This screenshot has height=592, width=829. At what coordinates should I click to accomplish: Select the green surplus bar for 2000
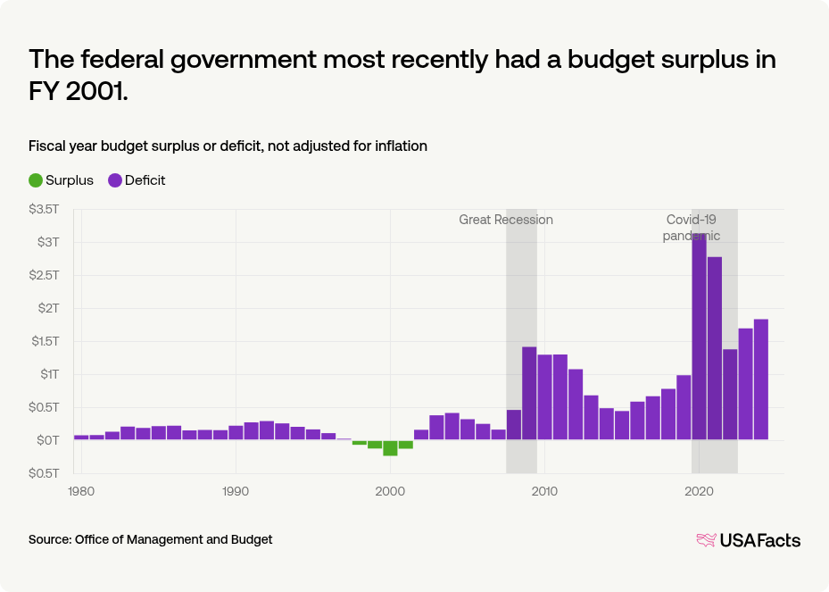tap(390, 447)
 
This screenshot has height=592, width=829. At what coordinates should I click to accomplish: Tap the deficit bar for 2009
tap(529, 393)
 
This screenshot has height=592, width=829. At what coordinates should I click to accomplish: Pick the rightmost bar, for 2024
tap(760, 379)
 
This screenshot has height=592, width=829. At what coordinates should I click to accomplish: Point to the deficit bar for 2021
tap(714, 348)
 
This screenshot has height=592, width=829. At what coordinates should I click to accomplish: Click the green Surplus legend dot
tap(36, 180)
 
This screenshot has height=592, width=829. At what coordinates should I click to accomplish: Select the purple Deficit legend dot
tap(115, 180)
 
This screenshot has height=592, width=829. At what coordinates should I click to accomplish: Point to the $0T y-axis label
tap(47, 439)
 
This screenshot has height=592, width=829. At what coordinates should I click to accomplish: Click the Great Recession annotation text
tap(506, 220)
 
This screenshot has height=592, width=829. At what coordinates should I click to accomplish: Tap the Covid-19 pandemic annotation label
tap(691, 228)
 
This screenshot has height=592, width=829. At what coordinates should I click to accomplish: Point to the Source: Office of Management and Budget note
tap(150, 539)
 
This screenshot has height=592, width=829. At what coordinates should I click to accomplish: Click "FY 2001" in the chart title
tap(79, 92)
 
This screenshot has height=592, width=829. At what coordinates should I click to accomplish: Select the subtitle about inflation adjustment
tap(228, 146)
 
